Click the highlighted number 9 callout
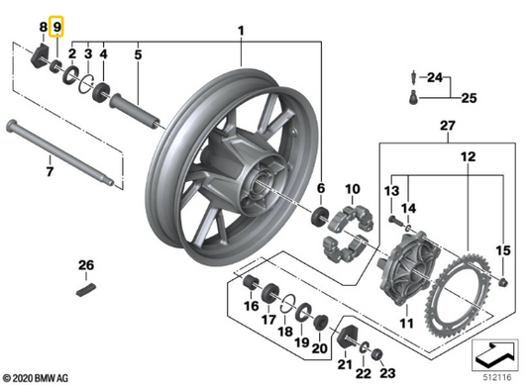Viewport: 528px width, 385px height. click(56, 27)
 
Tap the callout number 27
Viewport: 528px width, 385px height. click(448, 126)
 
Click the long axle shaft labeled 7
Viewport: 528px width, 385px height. click(60, 152)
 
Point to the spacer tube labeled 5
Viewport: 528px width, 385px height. click(135, 110)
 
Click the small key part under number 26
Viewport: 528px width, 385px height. click(86, 290)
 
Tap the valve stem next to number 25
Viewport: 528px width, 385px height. click(413, 98)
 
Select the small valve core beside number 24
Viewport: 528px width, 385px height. click(413, 78)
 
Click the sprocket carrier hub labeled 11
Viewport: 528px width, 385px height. click(408, 269)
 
